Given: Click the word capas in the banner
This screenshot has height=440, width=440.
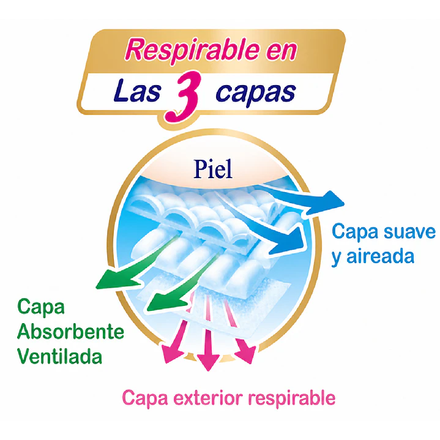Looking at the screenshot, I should point(256,93).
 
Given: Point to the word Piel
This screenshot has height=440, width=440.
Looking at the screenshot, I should point(213,170).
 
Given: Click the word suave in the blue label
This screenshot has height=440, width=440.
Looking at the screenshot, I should point(409,232).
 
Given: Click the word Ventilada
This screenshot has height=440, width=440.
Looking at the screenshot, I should point(60,356).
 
